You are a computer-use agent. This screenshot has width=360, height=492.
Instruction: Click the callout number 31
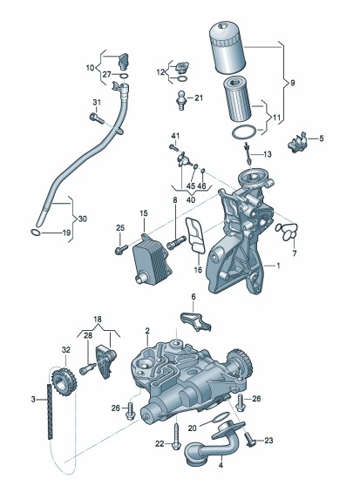click(x=97, y=102)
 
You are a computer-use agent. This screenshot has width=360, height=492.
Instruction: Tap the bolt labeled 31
click(x=97, y=118)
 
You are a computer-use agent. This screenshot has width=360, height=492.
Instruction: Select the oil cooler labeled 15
click(x=152, y=259)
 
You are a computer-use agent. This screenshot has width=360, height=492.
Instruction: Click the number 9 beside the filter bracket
click(x=293, y=83)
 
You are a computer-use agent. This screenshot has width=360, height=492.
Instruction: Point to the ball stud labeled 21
click(x=181, y=100)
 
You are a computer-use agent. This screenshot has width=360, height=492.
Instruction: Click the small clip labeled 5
click(x=297, y=143)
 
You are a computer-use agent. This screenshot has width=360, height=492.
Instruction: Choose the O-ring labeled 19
click(x=36, y=233)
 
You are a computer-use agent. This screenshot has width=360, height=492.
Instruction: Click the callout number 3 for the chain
click(x=33, y=399)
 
